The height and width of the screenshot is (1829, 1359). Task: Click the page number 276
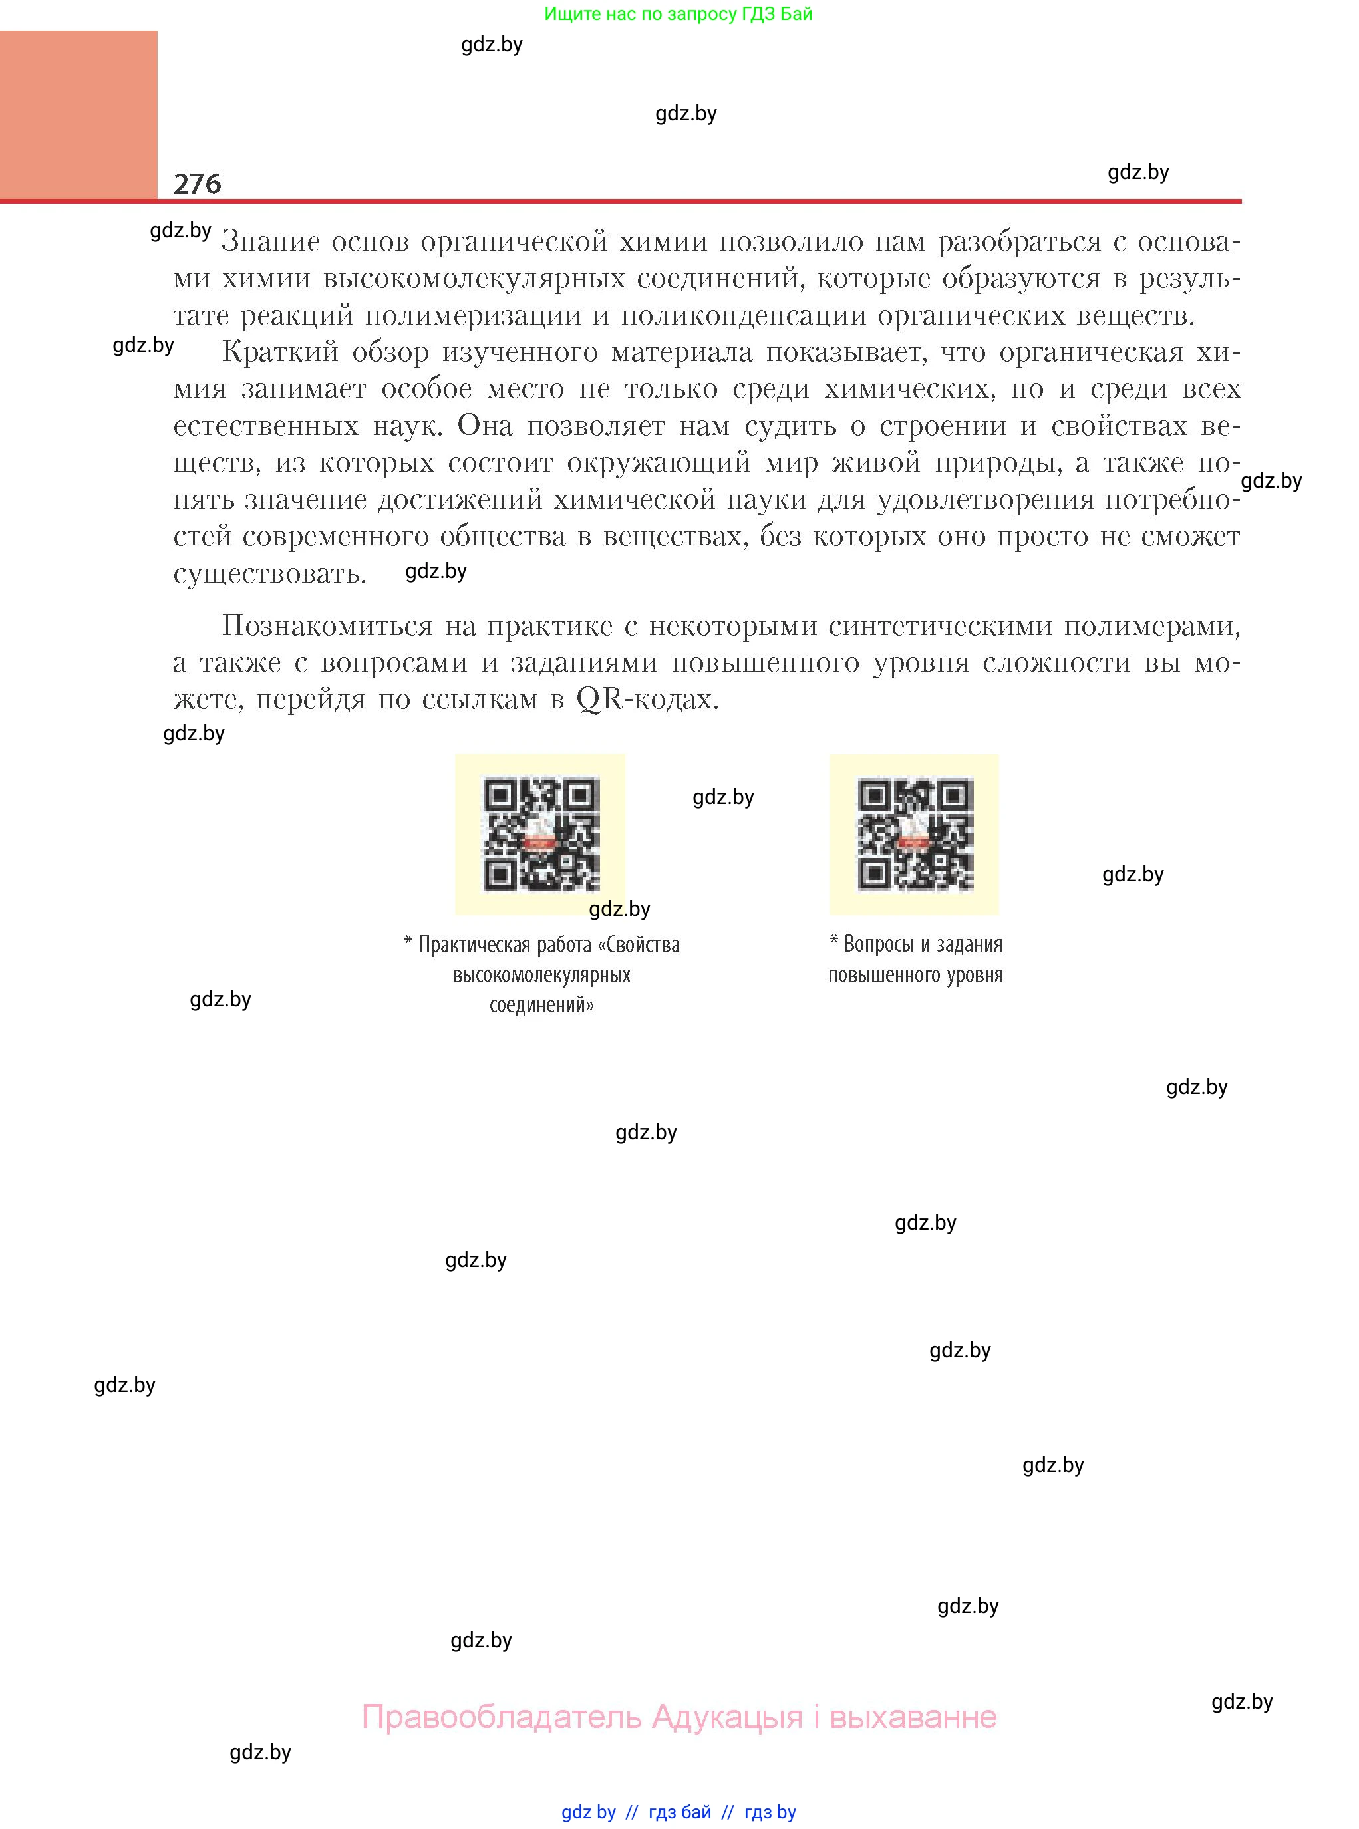[x=198, y=184]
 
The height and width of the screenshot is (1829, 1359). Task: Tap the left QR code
[x=541, y=835]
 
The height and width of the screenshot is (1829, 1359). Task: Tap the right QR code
[x=915, y=835]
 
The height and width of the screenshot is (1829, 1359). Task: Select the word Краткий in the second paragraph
[x=279, y=352]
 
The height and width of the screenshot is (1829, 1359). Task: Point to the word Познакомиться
[x=327, y=627]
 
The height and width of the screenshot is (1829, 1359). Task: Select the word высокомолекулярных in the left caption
[x=541, y=976]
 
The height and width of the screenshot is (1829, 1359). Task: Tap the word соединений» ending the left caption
[x=541, y=1005]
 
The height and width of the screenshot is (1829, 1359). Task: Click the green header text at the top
[x=678, y=14]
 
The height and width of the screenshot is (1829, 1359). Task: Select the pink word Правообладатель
[x=501, y=1717]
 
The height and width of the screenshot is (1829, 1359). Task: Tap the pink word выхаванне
[x=913, y=1717]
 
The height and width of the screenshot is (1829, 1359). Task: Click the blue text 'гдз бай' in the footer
[x=680, y=1812]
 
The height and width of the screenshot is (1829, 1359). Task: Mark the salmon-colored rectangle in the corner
[x=78, y=115]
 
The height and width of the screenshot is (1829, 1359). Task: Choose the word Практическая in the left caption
[x=476, y=945]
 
